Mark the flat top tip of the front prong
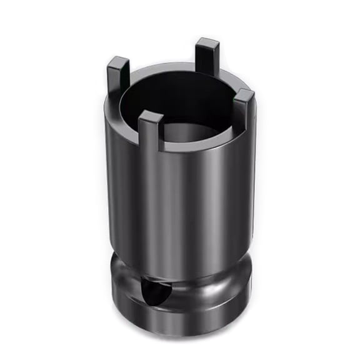[151, 115]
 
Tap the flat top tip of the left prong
[118, 61]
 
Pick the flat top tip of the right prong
[244, 94]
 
